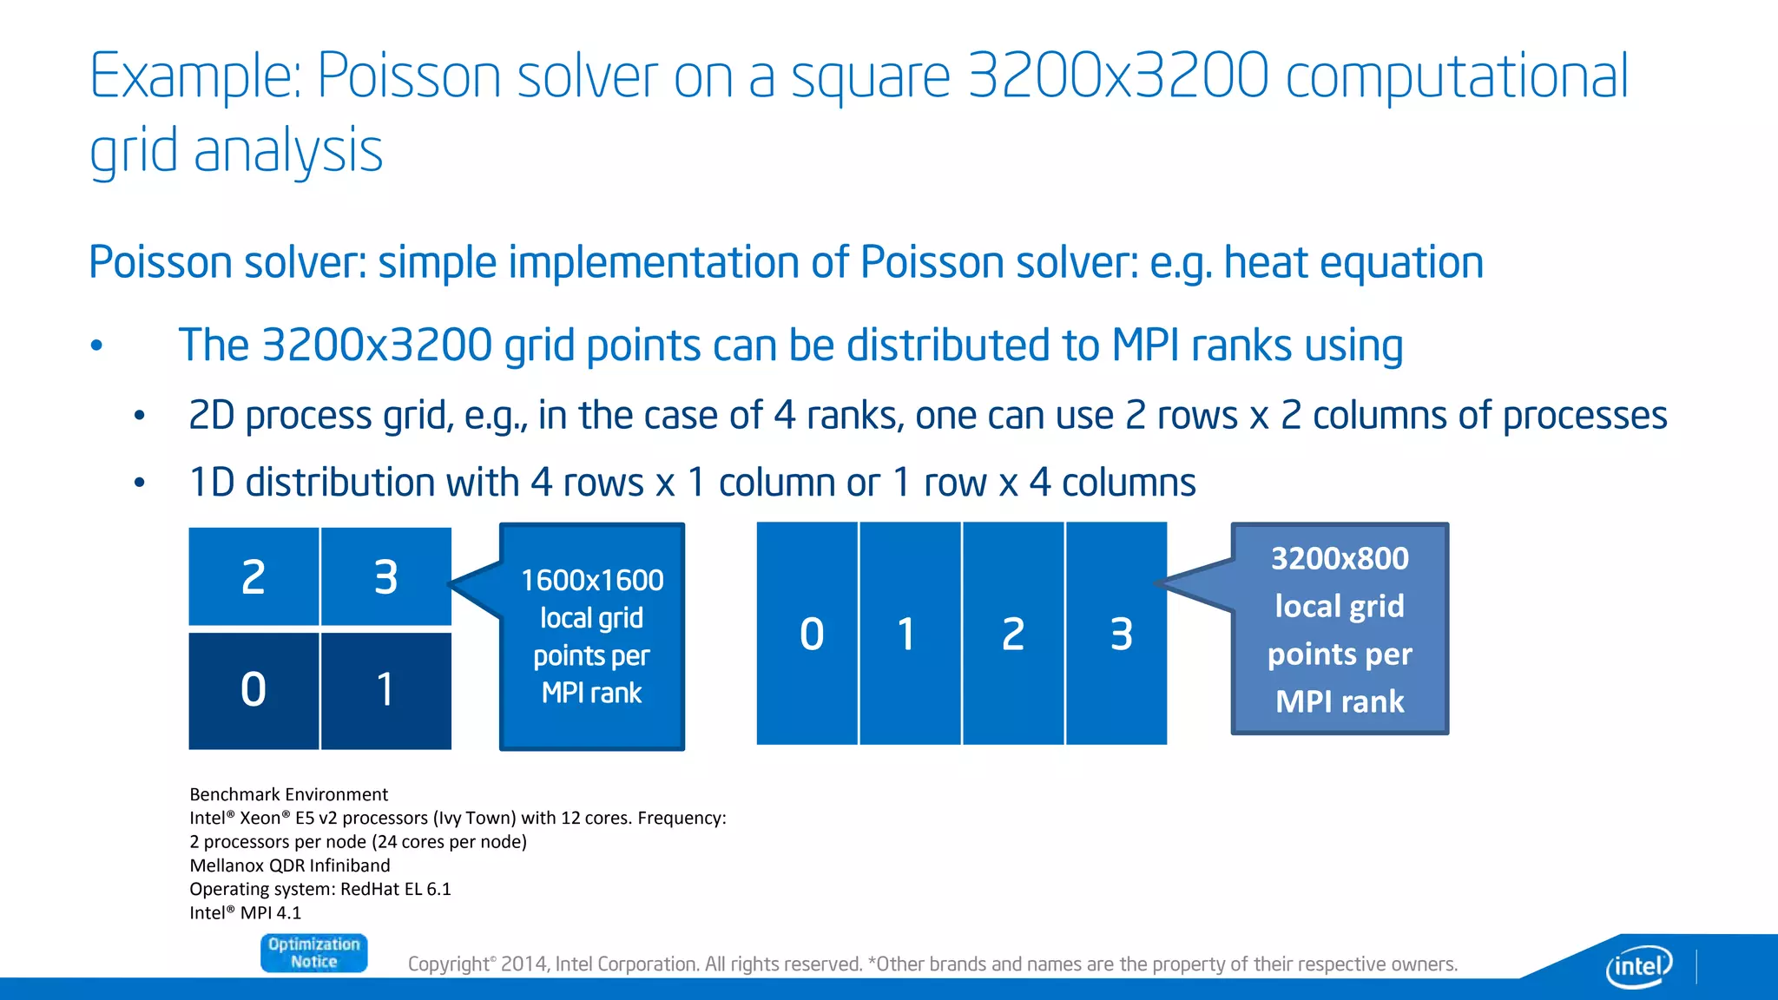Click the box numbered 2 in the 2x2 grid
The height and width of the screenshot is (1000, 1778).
[x=254, y=576]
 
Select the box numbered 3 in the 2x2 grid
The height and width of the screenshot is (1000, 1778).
[x=385, y=576]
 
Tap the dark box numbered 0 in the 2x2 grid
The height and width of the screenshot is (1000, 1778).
[x=254, y=690]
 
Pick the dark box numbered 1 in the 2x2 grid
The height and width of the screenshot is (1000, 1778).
[x=385, y=690]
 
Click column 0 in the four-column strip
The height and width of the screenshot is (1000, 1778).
[x=807, y=634]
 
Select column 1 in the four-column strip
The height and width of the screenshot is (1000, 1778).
[x=909, y=634]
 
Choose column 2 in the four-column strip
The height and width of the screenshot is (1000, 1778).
[x=1012, y=634]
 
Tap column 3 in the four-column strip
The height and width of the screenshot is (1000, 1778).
[x=1117, y=634]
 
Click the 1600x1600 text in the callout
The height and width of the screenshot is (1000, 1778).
[x=592, y=580]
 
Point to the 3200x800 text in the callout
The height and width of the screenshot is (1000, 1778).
[x=1340, y=558]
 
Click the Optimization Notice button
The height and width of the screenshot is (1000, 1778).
[x=313, y=952]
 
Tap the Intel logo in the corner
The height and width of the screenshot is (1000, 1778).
[x=1638, y=965]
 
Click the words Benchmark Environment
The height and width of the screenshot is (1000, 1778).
[x=288, y=794]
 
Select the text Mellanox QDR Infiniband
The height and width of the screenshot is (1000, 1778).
[x=289, y=865]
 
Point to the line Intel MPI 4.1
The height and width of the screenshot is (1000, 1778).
[x=245, y=913]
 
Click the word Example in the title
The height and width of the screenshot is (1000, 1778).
[x=194, y=77]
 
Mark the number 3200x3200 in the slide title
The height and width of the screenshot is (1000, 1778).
[x=1117, y=76]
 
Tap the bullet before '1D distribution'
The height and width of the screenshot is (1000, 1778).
[x=139, y=483]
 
